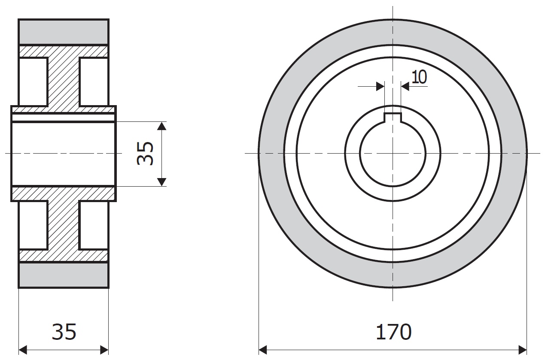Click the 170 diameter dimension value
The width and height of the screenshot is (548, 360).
point(393,332)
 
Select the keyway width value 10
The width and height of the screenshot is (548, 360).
point(419,77)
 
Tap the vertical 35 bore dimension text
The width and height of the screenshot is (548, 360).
point(145,154)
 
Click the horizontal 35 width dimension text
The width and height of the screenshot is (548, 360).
point(64,332)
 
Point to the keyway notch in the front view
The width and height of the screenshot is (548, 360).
point(393,118)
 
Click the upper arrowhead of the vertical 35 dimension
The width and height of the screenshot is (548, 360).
point(162,126)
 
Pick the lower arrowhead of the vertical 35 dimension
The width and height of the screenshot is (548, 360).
point(162,182)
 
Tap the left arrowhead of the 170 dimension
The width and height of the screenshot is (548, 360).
point(263,350)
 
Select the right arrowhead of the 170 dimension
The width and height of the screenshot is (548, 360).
point(523,350)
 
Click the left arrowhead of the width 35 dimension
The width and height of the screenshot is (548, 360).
point(23,350)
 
